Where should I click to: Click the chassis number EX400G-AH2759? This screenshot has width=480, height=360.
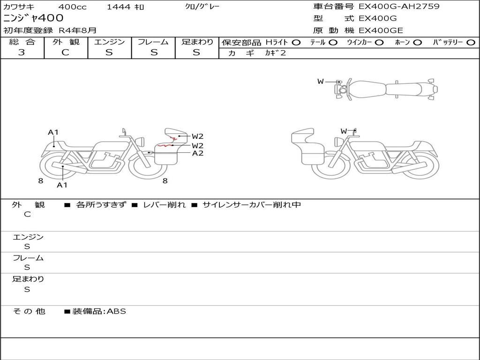coord(399,7)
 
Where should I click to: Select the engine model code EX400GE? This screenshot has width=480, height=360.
coord(381,30)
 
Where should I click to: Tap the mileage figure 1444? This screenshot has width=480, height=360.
coord(119,7)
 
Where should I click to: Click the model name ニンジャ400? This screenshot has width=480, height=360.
coord(33,18)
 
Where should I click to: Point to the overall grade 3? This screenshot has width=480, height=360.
coord(22,52)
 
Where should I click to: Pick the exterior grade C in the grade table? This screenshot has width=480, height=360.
coord(65,52)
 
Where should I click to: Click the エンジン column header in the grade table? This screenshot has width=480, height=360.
coord(109,42)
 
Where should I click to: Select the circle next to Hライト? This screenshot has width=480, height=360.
coord(296,43)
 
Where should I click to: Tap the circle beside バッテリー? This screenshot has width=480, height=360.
coord(471,43)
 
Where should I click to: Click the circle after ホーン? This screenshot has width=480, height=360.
coord(418,43)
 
